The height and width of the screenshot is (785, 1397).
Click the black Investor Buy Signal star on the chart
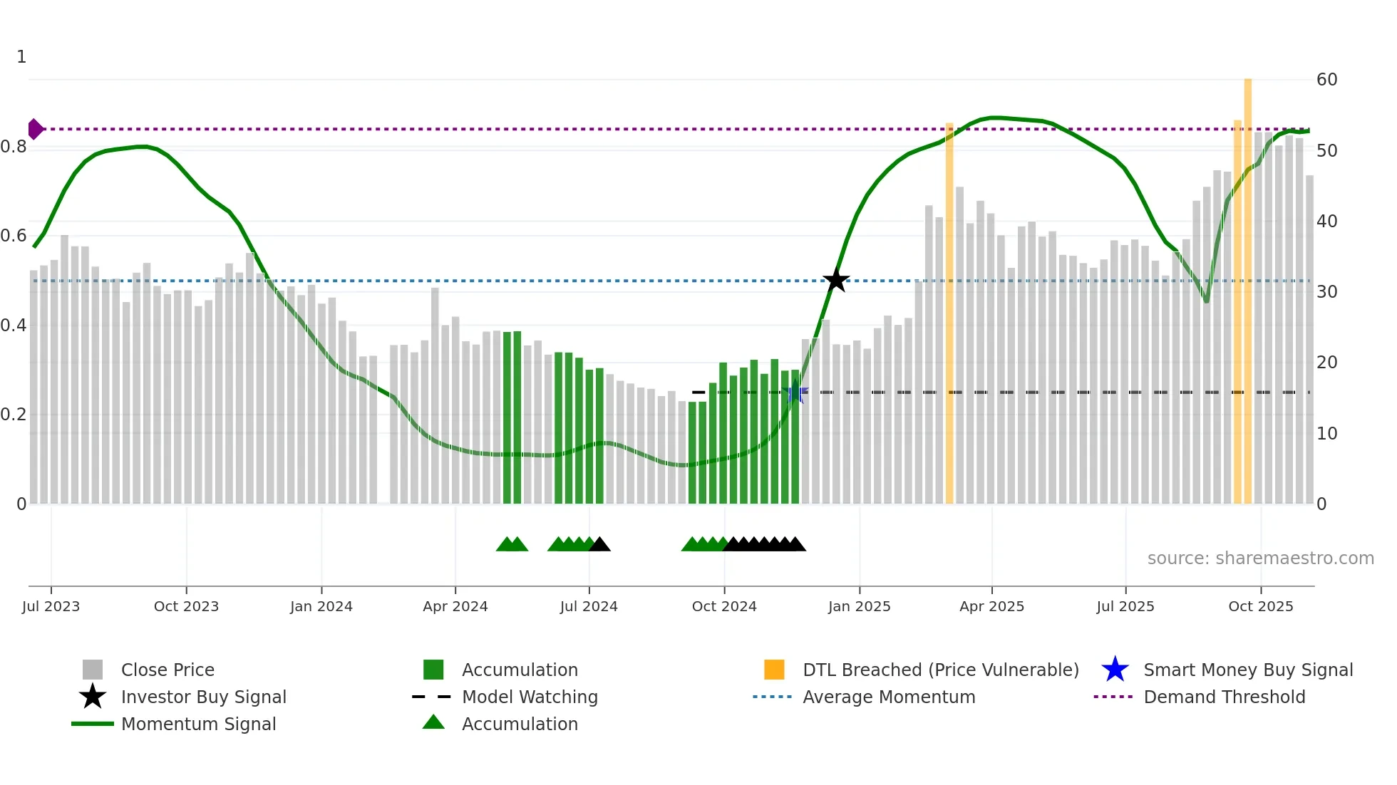point(836,280)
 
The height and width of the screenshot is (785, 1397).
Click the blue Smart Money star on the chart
point(796,392)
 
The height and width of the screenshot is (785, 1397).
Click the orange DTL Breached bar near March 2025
point(949,313)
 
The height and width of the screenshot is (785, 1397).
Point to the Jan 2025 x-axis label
point(859,606)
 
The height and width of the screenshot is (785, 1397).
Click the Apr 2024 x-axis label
point(455,606)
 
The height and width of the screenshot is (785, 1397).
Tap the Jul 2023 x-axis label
point(51,606)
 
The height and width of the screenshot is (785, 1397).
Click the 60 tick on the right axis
point(1326,79)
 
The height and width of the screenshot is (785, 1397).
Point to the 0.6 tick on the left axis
point(13,236)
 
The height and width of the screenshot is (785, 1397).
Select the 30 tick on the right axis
point(1326,291)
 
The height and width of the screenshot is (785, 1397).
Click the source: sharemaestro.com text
point(1260,558)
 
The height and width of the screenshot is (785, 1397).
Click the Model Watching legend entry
point(530,697)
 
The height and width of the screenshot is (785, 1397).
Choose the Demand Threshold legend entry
point(1224,697)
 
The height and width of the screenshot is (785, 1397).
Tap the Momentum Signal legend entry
point(198,724)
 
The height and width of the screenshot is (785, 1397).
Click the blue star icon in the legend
point(1115,670)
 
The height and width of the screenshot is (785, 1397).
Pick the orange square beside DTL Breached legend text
point(774,670)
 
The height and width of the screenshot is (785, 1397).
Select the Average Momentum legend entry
point(889,697)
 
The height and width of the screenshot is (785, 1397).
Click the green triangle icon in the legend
point(433,722)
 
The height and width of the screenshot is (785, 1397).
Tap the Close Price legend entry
point(167,670)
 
